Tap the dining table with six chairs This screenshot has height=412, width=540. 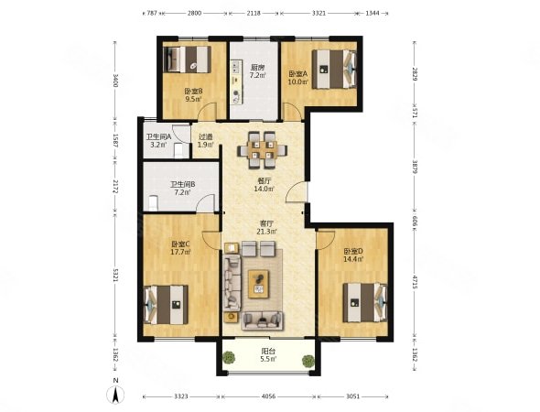click(262, 150)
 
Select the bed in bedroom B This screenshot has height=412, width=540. click(188, 60)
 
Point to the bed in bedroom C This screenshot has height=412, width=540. click(166, 304)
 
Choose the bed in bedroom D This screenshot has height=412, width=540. click(365, 302)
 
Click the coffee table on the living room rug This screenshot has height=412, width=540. click(259, 284)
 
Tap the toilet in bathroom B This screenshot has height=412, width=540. click(153, 203)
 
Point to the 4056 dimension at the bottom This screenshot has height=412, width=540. click(268, 396)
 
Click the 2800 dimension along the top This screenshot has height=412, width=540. click(194, 13)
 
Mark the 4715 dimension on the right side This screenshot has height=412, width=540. click(415, 281)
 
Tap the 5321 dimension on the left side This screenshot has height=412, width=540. click(115, 276)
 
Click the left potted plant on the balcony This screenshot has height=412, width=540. click(229, 357)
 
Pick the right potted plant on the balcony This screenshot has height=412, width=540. click(308, 361)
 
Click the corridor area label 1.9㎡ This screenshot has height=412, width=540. click(205, 145)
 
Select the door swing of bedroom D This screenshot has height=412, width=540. click(326, 240)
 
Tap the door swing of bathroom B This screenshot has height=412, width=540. click(206, 203)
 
